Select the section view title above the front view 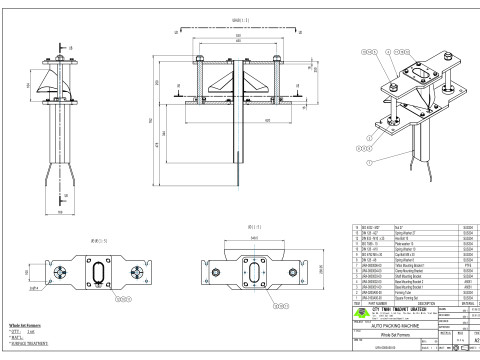tap(237, 19)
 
